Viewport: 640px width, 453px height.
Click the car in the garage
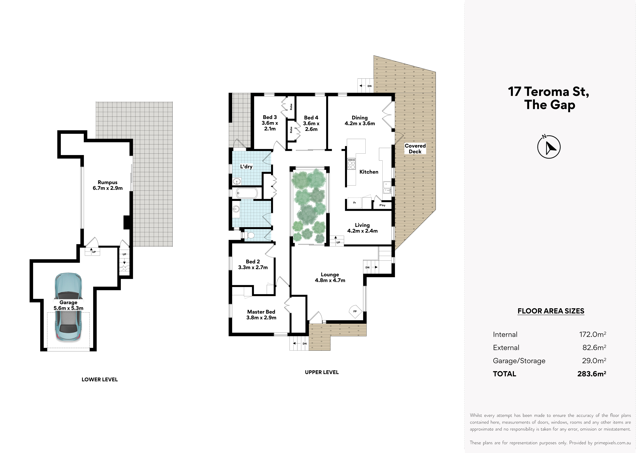pos(68,307)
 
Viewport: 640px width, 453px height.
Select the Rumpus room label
pos(108,182)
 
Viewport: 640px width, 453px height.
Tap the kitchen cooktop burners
pos(351,164)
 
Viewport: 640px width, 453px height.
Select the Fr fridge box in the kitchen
pos(354,203)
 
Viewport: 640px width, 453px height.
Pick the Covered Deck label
pos(415,149)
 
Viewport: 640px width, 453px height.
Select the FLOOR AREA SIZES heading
pos(551,311)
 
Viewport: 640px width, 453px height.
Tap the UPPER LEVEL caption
pos(322,372)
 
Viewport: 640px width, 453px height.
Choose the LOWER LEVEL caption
pos(99,379)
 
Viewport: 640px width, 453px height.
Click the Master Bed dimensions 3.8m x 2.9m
pos(261,317)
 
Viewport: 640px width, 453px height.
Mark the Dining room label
pos(360,117)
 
